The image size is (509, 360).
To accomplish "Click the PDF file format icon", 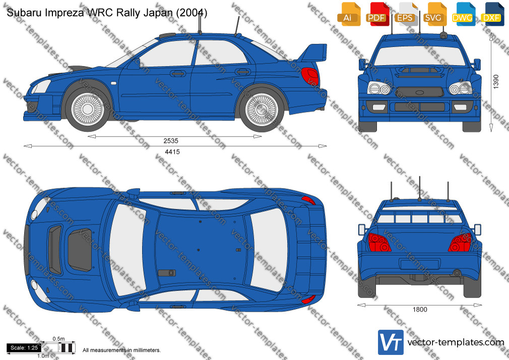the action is (376, 14).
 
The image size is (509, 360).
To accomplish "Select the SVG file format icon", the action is (433, 14).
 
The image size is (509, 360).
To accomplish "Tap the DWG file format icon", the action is (462, 14).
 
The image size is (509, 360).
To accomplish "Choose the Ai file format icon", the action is (348, 14).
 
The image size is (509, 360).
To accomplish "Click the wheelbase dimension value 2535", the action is (171, 141).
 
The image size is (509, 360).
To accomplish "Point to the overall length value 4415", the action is (172, 152).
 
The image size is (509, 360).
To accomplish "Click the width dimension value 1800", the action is (420, 310).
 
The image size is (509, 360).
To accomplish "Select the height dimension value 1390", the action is (496, 82).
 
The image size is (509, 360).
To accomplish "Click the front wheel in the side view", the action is (87, 108).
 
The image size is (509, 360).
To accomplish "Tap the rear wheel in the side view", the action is (262, 109).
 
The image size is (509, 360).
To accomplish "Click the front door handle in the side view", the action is (177, 74).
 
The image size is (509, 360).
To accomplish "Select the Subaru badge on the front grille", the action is (419, 93).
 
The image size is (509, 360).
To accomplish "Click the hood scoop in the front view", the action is (419, 70).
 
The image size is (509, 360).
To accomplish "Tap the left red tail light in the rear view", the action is (379, 243).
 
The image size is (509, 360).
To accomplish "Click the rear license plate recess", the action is (420, 264).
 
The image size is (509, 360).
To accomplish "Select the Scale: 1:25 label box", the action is (24, 348).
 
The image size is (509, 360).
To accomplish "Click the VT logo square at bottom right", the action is (391, 342).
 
